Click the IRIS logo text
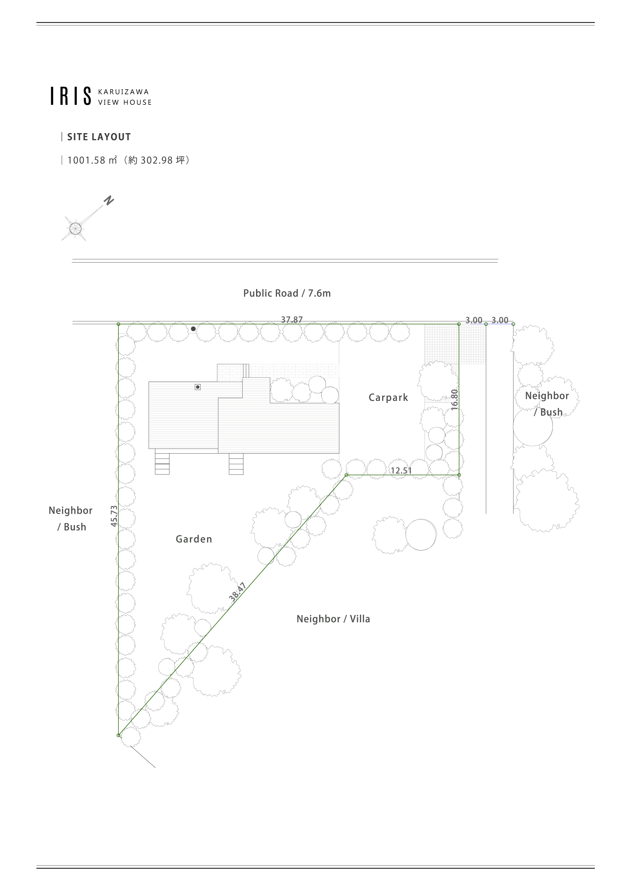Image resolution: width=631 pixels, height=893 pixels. [x=71, y=96]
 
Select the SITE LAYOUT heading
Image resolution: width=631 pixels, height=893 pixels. [x=99, y=137]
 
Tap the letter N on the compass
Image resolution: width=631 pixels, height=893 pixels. [x=108, y=200]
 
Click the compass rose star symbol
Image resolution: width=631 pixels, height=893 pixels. [x=74, y=228]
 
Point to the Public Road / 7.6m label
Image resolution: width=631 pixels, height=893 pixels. [x=287, y=293]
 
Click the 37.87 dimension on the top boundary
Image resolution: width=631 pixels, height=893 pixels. [x=291, y=320]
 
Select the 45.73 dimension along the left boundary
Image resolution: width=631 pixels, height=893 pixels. [x=114, y=516]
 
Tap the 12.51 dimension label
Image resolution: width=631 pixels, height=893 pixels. [x=401, y=471]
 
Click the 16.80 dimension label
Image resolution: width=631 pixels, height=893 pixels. [x=454, y=400]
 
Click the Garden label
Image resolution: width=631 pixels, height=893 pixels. [x=193, y=539]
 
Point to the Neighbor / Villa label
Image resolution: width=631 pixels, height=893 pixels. [x=333, y=619]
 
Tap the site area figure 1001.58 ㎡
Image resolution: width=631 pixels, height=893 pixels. [x=92, y=160]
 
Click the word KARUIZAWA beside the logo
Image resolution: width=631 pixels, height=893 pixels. [x=124, y=92]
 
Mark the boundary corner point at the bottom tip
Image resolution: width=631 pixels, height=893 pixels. [x=119, y=736]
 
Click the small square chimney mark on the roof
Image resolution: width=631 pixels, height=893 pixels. [x=197, y=387]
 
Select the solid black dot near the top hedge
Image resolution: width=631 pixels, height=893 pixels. [x=193, y=329]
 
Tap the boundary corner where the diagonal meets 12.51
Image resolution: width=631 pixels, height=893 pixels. [x=346, y=475]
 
